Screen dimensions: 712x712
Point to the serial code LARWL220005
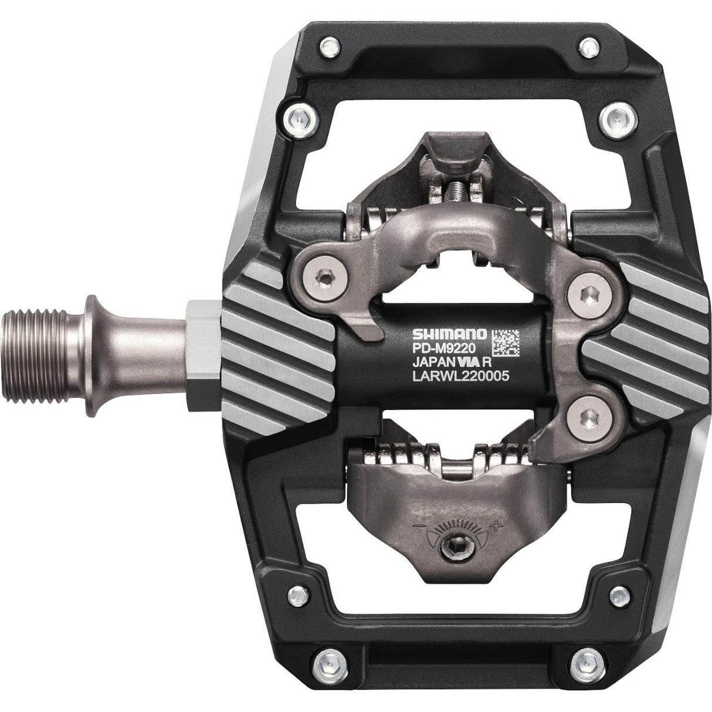458,378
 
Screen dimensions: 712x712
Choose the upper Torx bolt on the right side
585,290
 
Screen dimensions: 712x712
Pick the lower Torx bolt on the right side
585,416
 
